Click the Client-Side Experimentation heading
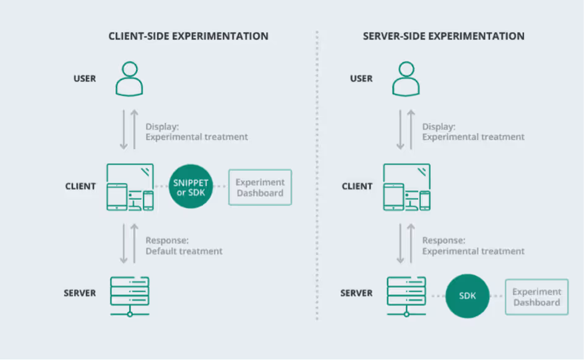click(x=188, y=36)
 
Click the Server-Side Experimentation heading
click(x=444, y=36)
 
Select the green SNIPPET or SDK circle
click(x=190, y=187)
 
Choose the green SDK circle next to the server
click(x=467, y=296)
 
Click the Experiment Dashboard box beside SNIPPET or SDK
click(x=260, y=187)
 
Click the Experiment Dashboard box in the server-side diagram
click(x=536, y=297)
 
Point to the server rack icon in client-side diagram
click(x=130, y=296)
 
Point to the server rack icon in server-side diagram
click(x=406, y=296)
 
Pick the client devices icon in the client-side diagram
click(x=130, y=187)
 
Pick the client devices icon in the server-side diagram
click(x=406, y=187)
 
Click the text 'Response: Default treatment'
click(x=184, y=246)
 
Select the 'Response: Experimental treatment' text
click(x=473, y=246)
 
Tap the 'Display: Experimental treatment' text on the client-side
click(x=197, y=131)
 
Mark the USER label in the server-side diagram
click(x=361, y=79)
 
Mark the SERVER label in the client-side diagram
click(x=80, y=293)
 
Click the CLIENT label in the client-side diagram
click(x=80, y=186)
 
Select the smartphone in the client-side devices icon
click(x=148, y=200)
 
